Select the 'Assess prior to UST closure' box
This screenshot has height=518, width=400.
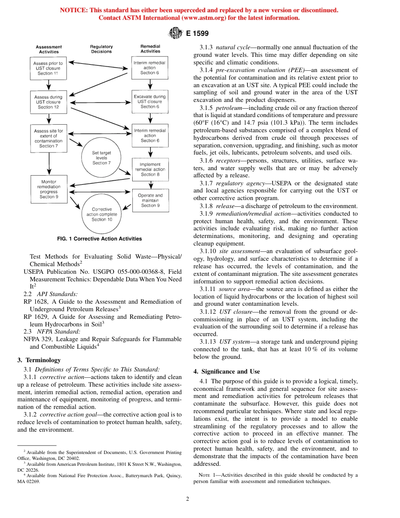48,68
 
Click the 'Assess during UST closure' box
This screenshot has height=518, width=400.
48,102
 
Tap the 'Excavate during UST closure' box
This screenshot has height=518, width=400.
149,101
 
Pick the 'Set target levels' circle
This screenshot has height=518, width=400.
100,158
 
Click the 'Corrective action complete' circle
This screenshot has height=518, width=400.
99,214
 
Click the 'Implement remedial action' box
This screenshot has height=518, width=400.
150,169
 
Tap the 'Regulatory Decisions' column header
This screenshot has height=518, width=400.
101,49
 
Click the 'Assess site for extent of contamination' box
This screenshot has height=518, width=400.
48,139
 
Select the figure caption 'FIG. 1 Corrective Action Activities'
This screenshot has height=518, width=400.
99,239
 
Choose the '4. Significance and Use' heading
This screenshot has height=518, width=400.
227,371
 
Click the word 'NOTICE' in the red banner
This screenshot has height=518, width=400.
74,10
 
